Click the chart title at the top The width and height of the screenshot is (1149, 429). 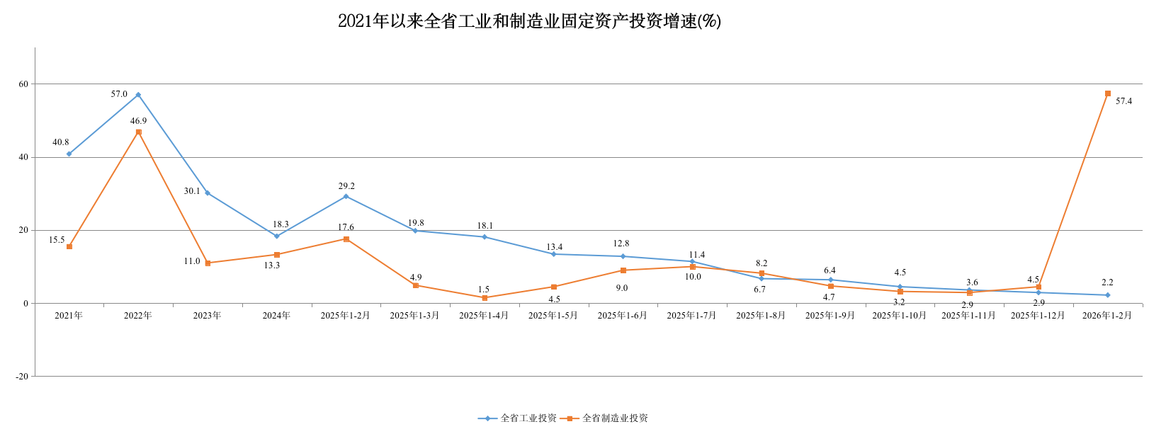529,21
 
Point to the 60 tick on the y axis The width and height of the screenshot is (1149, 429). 24,84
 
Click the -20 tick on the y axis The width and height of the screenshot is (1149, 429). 22,377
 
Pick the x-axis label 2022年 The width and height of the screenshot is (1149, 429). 138,316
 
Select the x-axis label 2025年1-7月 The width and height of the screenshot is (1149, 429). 691,316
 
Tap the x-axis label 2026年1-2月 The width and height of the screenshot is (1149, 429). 1107,316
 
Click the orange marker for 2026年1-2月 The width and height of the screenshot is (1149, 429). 1108,93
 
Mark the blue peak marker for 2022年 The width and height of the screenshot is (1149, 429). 138,95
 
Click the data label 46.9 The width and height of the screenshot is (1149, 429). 138,121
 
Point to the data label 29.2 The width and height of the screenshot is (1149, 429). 346,186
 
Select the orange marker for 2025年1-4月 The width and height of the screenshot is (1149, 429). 485,298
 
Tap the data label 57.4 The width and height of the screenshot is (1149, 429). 1123,101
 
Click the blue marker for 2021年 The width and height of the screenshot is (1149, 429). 69,154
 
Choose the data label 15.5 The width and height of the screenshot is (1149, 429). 57,240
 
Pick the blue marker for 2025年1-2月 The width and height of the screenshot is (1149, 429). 346,196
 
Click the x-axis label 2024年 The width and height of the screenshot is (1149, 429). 276,316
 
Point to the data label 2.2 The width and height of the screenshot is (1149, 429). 1107,282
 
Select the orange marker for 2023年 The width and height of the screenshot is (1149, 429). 208,263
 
